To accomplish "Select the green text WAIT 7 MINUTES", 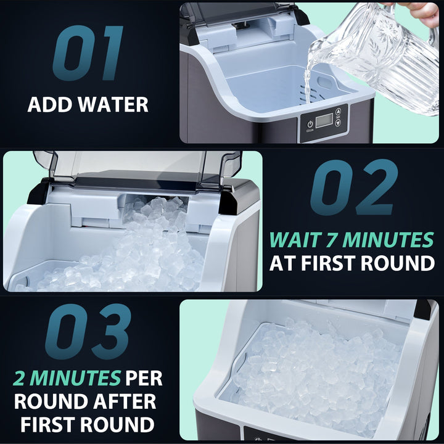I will point(352,239).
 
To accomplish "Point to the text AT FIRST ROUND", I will point(352,263).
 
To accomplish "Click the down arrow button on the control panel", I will point(338,123).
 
